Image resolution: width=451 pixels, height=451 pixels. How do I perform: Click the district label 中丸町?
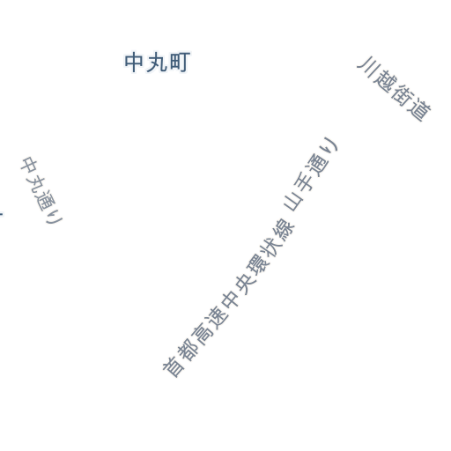(158, 63)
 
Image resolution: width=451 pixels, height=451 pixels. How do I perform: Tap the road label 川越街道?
(394, 89)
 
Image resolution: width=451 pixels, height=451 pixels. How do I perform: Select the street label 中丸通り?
(41, 191)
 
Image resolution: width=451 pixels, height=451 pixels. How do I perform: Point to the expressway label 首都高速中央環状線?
(228, 298)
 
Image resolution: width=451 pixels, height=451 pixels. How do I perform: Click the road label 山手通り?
(311, 174)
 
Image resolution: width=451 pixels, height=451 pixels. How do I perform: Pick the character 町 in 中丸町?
(180, 63)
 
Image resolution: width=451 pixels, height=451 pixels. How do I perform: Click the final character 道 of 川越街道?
(419, 110)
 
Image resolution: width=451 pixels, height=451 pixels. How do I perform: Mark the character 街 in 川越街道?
(402, 95)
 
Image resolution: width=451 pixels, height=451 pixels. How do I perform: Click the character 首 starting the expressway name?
(174, 366)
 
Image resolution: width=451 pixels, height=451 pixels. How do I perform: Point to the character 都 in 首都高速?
(188, 349)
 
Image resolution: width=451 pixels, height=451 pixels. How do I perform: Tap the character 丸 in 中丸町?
(157, 63)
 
